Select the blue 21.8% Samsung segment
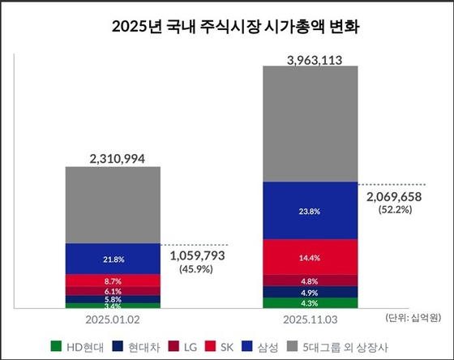113,259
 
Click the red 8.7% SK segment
113,280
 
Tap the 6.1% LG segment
113,290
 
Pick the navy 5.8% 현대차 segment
113,299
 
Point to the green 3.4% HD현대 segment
113,306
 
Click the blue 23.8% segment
311,211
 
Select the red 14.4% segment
311,258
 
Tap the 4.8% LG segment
311,281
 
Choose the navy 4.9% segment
311,292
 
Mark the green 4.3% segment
311,303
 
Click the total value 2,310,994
113,158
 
